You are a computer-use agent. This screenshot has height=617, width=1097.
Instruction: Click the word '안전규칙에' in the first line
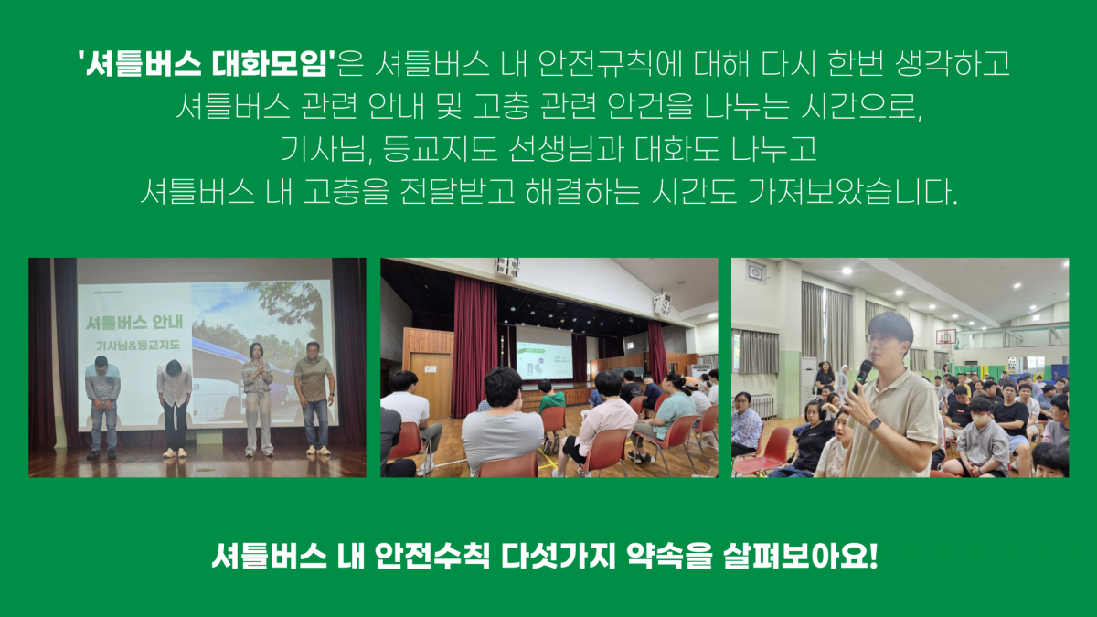coord(610,64)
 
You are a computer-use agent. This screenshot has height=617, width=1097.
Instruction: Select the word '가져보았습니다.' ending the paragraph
coord(853,191)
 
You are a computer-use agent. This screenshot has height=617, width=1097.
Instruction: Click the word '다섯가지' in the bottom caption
coord(558,556)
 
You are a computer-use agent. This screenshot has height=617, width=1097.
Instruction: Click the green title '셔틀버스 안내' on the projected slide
coord(134,323)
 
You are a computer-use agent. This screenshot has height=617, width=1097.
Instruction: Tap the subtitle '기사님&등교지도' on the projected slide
coord(138,346)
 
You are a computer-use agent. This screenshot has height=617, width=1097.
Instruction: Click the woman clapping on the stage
coord(258,399)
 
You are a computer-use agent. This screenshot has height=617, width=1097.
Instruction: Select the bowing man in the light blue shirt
coord(101,408)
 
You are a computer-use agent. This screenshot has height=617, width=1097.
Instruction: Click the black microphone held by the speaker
coord(861,376)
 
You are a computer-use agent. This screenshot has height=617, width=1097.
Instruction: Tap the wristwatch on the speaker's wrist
coord(875,424)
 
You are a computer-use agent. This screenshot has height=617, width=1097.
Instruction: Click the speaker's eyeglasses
coord(881,338)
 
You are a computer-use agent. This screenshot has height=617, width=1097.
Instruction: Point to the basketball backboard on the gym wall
coord(946,337)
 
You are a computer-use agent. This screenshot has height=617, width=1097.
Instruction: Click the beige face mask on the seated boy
coord(981,420)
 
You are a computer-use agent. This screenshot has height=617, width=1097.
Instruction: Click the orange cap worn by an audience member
coord(691,381)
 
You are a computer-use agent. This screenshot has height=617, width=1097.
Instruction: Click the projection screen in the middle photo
coord(544,353)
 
